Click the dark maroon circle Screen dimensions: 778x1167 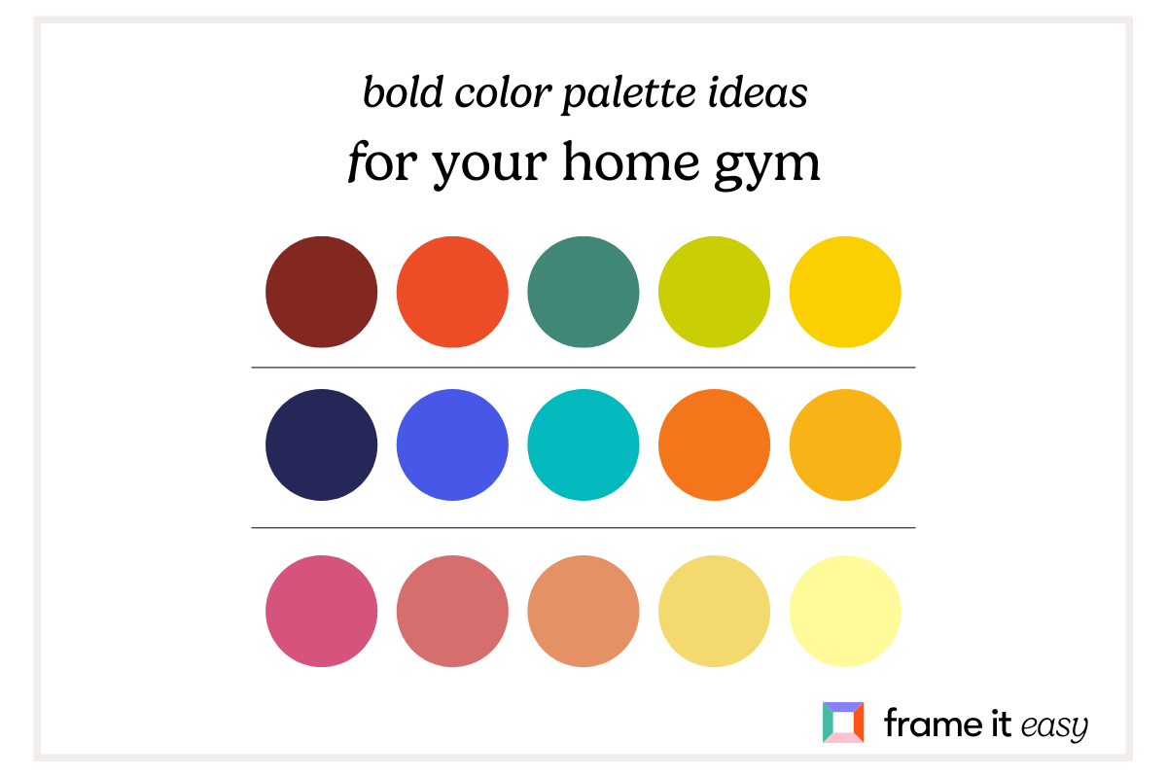point(321,292)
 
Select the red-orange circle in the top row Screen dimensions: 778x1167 point(452,292)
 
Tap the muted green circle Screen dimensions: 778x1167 point(583,292)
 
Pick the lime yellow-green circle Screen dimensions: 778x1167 point(714,292)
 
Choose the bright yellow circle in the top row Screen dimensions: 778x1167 point(845,292)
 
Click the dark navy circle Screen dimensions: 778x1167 point(321,445)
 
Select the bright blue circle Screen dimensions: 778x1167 point(452,445)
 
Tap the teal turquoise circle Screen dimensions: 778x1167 point(583,445)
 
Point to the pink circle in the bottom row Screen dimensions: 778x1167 point(321,611)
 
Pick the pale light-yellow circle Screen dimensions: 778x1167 point(845,611)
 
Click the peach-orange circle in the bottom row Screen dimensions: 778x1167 point(583,611)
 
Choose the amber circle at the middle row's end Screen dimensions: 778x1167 point(845,445)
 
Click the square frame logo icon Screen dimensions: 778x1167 point(842,723)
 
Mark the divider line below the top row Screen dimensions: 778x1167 point(583,368)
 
